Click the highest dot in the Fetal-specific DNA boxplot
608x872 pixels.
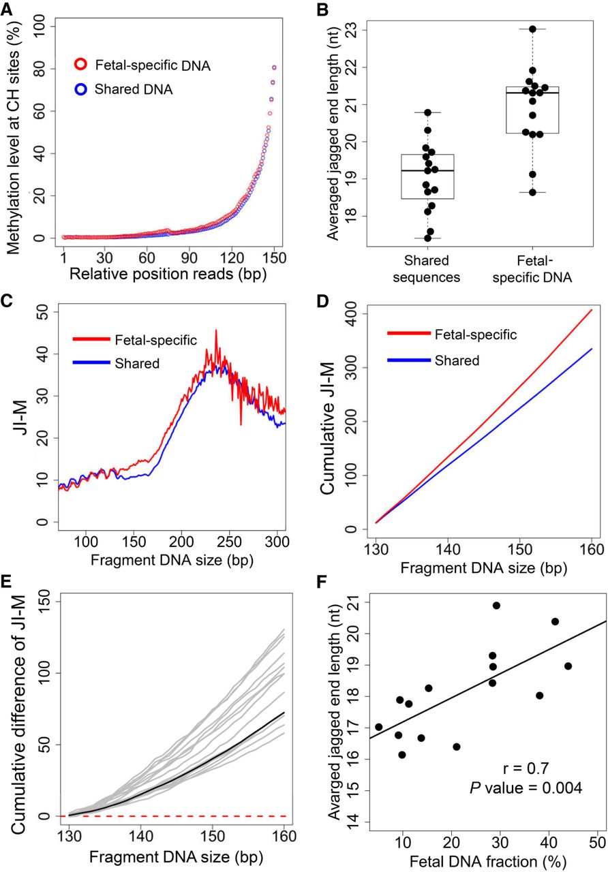click(x=532, y=29)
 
